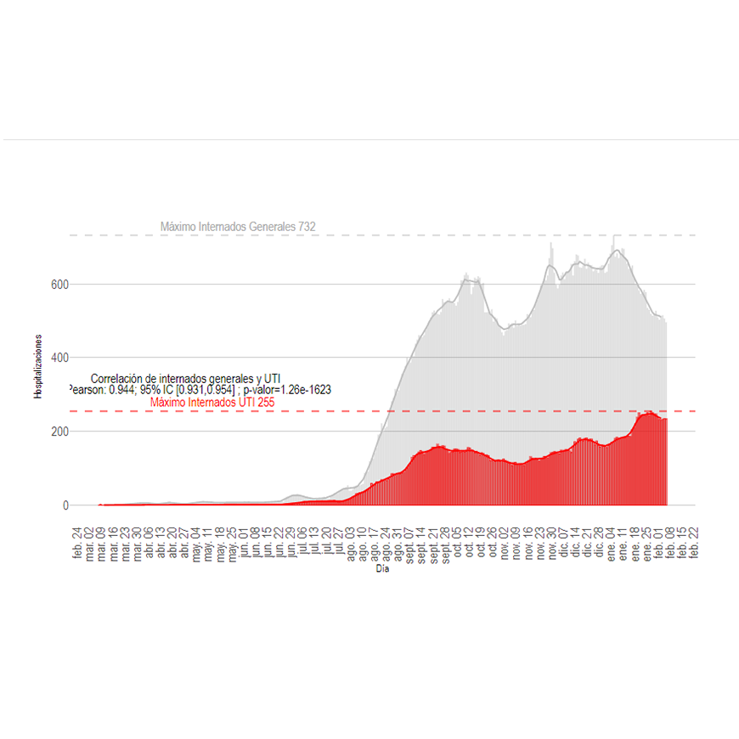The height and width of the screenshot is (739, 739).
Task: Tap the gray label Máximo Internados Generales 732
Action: coord(238,227)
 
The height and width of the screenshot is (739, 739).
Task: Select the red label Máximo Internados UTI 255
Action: coord(212,402)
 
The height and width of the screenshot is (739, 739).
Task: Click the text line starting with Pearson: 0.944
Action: coord(199,389)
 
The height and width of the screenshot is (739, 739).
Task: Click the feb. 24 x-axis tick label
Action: coord(78,543)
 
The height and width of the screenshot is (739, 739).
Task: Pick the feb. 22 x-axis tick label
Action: coord(696,543)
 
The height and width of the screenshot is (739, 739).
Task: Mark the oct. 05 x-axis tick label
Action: coord(458,543)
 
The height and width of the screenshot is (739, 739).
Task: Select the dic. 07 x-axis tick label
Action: coord(565,543)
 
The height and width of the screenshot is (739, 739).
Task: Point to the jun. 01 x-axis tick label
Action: coord(245,543)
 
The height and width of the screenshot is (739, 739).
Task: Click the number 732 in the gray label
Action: coord(307,227)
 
